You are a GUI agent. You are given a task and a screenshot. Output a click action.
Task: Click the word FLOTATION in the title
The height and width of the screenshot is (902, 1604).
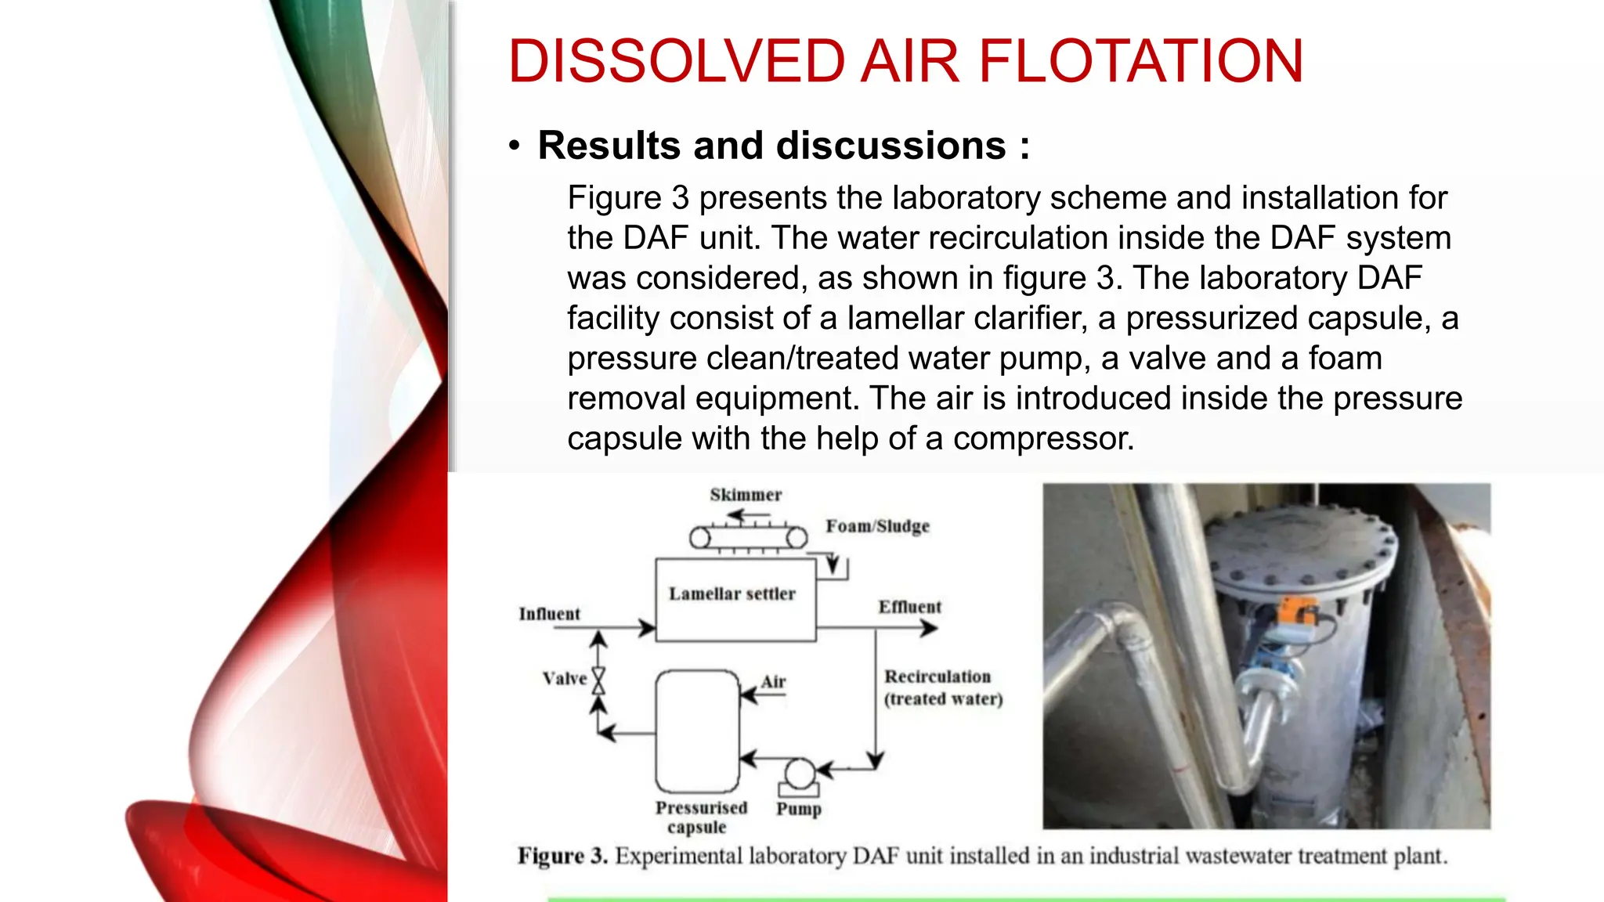click(x=1140, y=61)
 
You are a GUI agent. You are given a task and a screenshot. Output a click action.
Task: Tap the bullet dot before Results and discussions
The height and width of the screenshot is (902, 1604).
click(x=514, y=146)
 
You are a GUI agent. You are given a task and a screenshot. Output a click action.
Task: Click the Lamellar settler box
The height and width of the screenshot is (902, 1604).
click(x=735, y=600)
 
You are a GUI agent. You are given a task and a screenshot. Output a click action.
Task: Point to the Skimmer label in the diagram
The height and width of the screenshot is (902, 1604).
click(x=746, y=495)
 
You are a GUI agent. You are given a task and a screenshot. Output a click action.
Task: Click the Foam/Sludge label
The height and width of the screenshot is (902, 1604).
click(x=877, y=526)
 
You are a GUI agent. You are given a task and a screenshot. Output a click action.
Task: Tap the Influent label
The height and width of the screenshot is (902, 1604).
click(x=549, y=614)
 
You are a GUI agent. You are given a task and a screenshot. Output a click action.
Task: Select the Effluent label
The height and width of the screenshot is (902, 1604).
click(x=909, y=607)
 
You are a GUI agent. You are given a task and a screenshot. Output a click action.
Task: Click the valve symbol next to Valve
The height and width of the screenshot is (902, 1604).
click(x=598, y=680)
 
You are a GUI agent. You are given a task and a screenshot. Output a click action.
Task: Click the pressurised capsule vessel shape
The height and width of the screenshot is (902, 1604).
click(x=697, y=731)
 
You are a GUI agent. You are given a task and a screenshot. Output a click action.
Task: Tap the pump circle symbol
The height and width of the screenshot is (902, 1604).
click(x=800, y=774)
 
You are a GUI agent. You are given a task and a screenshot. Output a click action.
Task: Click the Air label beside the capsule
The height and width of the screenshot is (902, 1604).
click(x=774, y=682)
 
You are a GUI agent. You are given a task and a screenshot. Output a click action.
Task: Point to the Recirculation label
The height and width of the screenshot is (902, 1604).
click(x=937, y=676)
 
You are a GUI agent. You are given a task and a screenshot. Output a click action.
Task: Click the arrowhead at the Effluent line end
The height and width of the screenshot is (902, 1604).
click(x=930, y=628)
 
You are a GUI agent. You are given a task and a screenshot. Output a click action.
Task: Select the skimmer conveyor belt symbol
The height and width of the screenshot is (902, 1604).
click(x=748, y=538)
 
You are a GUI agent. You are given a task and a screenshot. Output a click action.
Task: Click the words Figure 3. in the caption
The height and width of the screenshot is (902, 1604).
click(x=562, y=856)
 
